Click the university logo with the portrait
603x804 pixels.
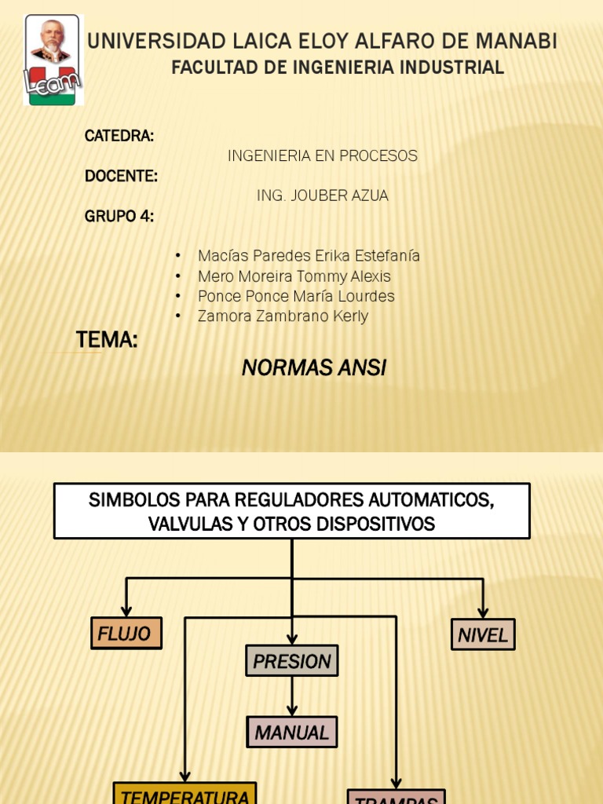[x=53, y=60]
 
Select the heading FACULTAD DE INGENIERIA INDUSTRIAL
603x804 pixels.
[x=338, y=68]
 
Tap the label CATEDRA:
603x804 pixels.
[x=119, y=136]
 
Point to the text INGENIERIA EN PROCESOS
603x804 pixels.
[x=323, y=156]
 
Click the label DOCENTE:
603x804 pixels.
[x=122, y=176]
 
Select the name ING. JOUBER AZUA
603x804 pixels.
[x=323, y=196]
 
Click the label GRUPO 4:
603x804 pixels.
[x=119, y=217]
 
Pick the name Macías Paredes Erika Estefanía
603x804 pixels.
[x=309, y=256]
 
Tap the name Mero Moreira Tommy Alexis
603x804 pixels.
[x=294, y=276]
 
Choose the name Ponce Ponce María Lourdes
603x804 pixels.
[x=296, y=296]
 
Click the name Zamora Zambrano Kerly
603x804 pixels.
[x=283, y=316]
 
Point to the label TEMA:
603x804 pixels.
[x=107, y=340]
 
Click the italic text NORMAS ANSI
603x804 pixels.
[x=314, y=367]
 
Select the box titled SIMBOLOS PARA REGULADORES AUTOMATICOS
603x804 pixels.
[x=292, y=511]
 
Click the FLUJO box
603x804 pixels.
[x=126, y=633]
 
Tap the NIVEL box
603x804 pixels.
[x=483, y=634]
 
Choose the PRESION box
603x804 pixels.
[x=292, y=661]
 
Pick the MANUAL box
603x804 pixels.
[x=292, y=732]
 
